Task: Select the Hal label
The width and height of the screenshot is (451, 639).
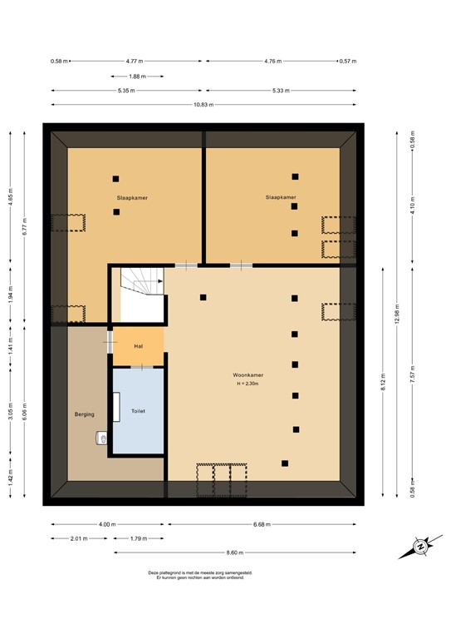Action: coord(139,345)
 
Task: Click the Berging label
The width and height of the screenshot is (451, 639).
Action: coord(84,414)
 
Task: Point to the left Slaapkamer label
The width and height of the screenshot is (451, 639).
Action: coord(130,197)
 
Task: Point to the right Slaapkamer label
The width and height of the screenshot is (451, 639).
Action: coord(280,197)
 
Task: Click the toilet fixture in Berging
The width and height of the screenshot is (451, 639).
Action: coord(102,437)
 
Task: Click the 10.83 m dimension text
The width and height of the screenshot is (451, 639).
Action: coord(203,105)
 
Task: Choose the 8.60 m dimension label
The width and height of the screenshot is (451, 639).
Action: coord(236,552)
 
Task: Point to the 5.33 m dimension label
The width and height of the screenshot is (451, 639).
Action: coord(281,91)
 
